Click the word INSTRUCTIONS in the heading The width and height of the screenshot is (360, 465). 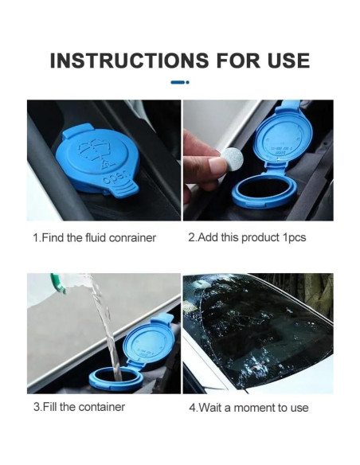130,61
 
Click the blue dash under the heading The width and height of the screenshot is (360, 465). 178,83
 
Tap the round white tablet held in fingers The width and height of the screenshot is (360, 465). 232,159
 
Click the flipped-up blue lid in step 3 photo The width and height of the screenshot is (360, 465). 147,341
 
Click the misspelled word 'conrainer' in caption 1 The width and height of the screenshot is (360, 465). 132,238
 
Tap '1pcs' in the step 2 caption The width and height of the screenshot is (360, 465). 294,237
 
